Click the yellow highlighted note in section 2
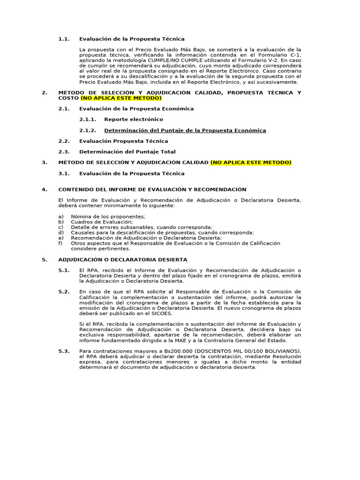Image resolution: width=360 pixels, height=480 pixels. (x=121, y=98)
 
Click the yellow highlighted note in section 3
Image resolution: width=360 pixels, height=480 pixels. (x=251, y=162)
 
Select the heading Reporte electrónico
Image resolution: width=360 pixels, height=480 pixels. (x=134, y=120)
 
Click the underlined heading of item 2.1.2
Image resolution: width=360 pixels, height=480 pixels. (x=185, y=130)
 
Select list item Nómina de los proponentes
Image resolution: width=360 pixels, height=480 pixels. (x=108, y=216)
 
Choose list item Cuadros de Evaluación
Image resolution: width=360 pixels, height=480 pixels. (x=102, y=222)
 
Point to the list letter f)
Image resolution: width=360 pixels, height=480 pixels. (x=60, y=243)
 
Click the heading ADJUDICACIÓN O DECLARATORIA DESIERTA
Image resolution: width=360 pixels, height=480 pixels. (x=122, y=259)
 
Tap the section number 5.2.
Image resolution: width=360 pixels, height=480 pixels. (x=64, y=292)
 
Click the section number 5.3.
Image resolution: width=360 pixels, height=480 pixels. (x=64, y=351)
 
